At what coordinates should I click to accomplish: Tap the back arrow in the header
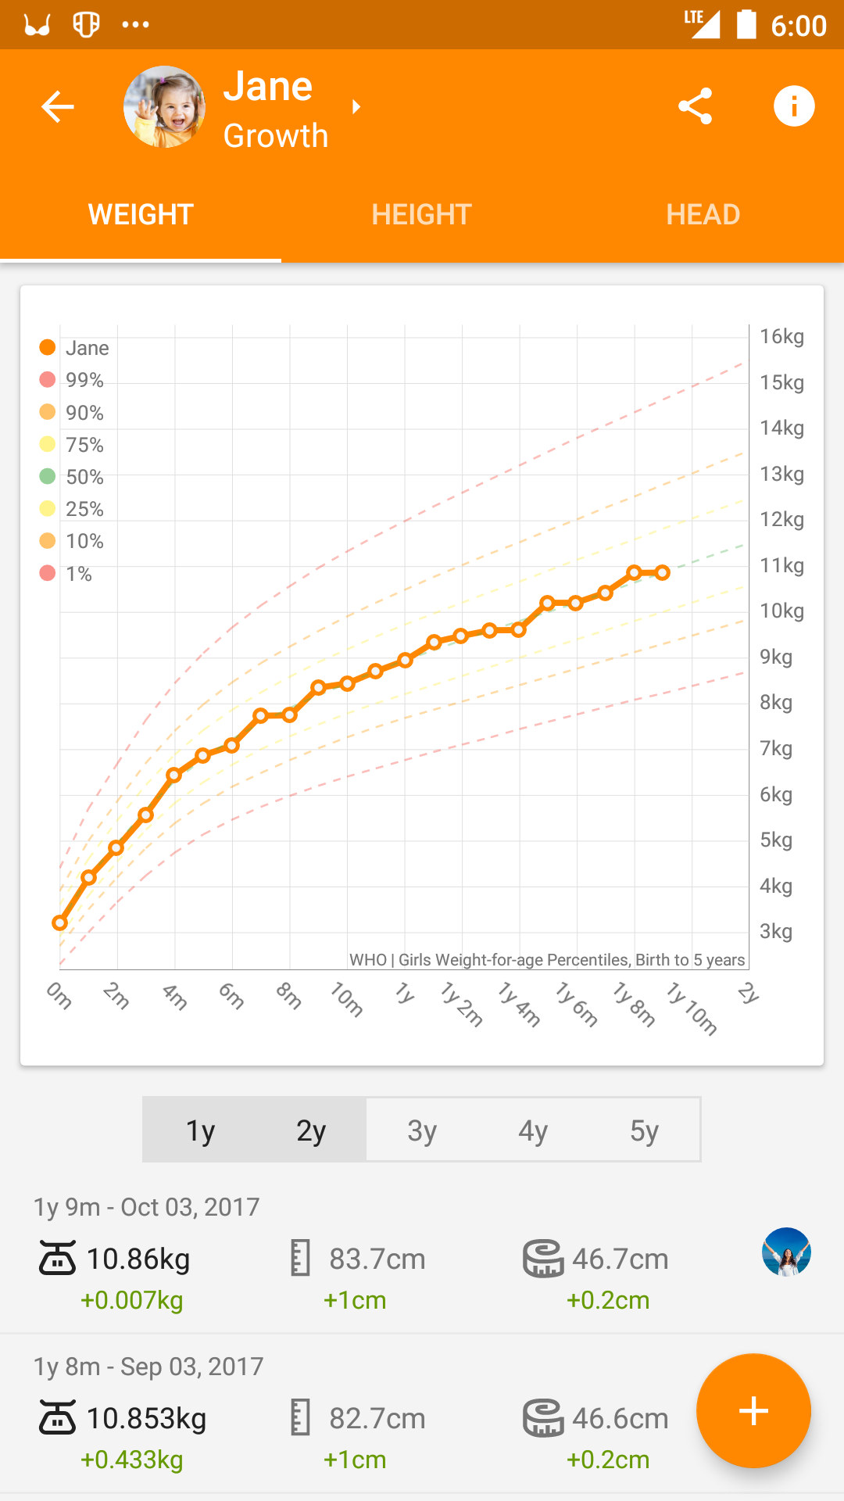point(58,106)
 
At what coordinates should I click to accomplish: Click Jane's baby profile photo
point(165,107)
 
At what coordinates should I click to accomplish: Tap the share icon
point(695,106)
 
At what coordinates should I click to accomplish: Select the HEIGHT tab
point(422,214)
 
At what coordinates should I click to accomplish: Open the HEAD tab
point(703,214)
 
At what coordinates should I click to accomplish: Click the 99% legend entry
point(72,380)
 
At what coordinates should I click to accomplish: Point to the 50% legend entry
point(72,477)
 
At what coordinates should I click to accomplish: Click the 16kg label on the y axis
point(781,337)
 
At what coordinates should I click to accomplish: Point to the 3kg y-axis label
point(776,932)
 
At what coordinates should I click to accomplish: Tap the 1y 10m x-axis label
point(692,1008)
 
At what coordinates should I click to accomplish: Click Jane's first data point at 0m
point(59,923)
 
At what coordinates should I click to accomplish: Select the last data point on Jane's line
point(663,573)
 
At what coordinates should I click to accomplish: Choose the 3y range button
point(422,1130)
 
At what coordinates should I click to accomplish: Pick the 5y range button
point(645,1130)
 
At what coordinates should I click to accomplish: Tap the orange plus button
point(753,1411)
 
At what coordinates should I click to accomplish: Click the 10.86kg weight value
point(138,1259)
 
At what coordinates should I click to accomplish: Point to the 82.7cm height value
point(377,1419)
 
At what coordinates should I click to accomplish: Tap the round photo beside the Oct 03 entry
point(786,1252)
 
